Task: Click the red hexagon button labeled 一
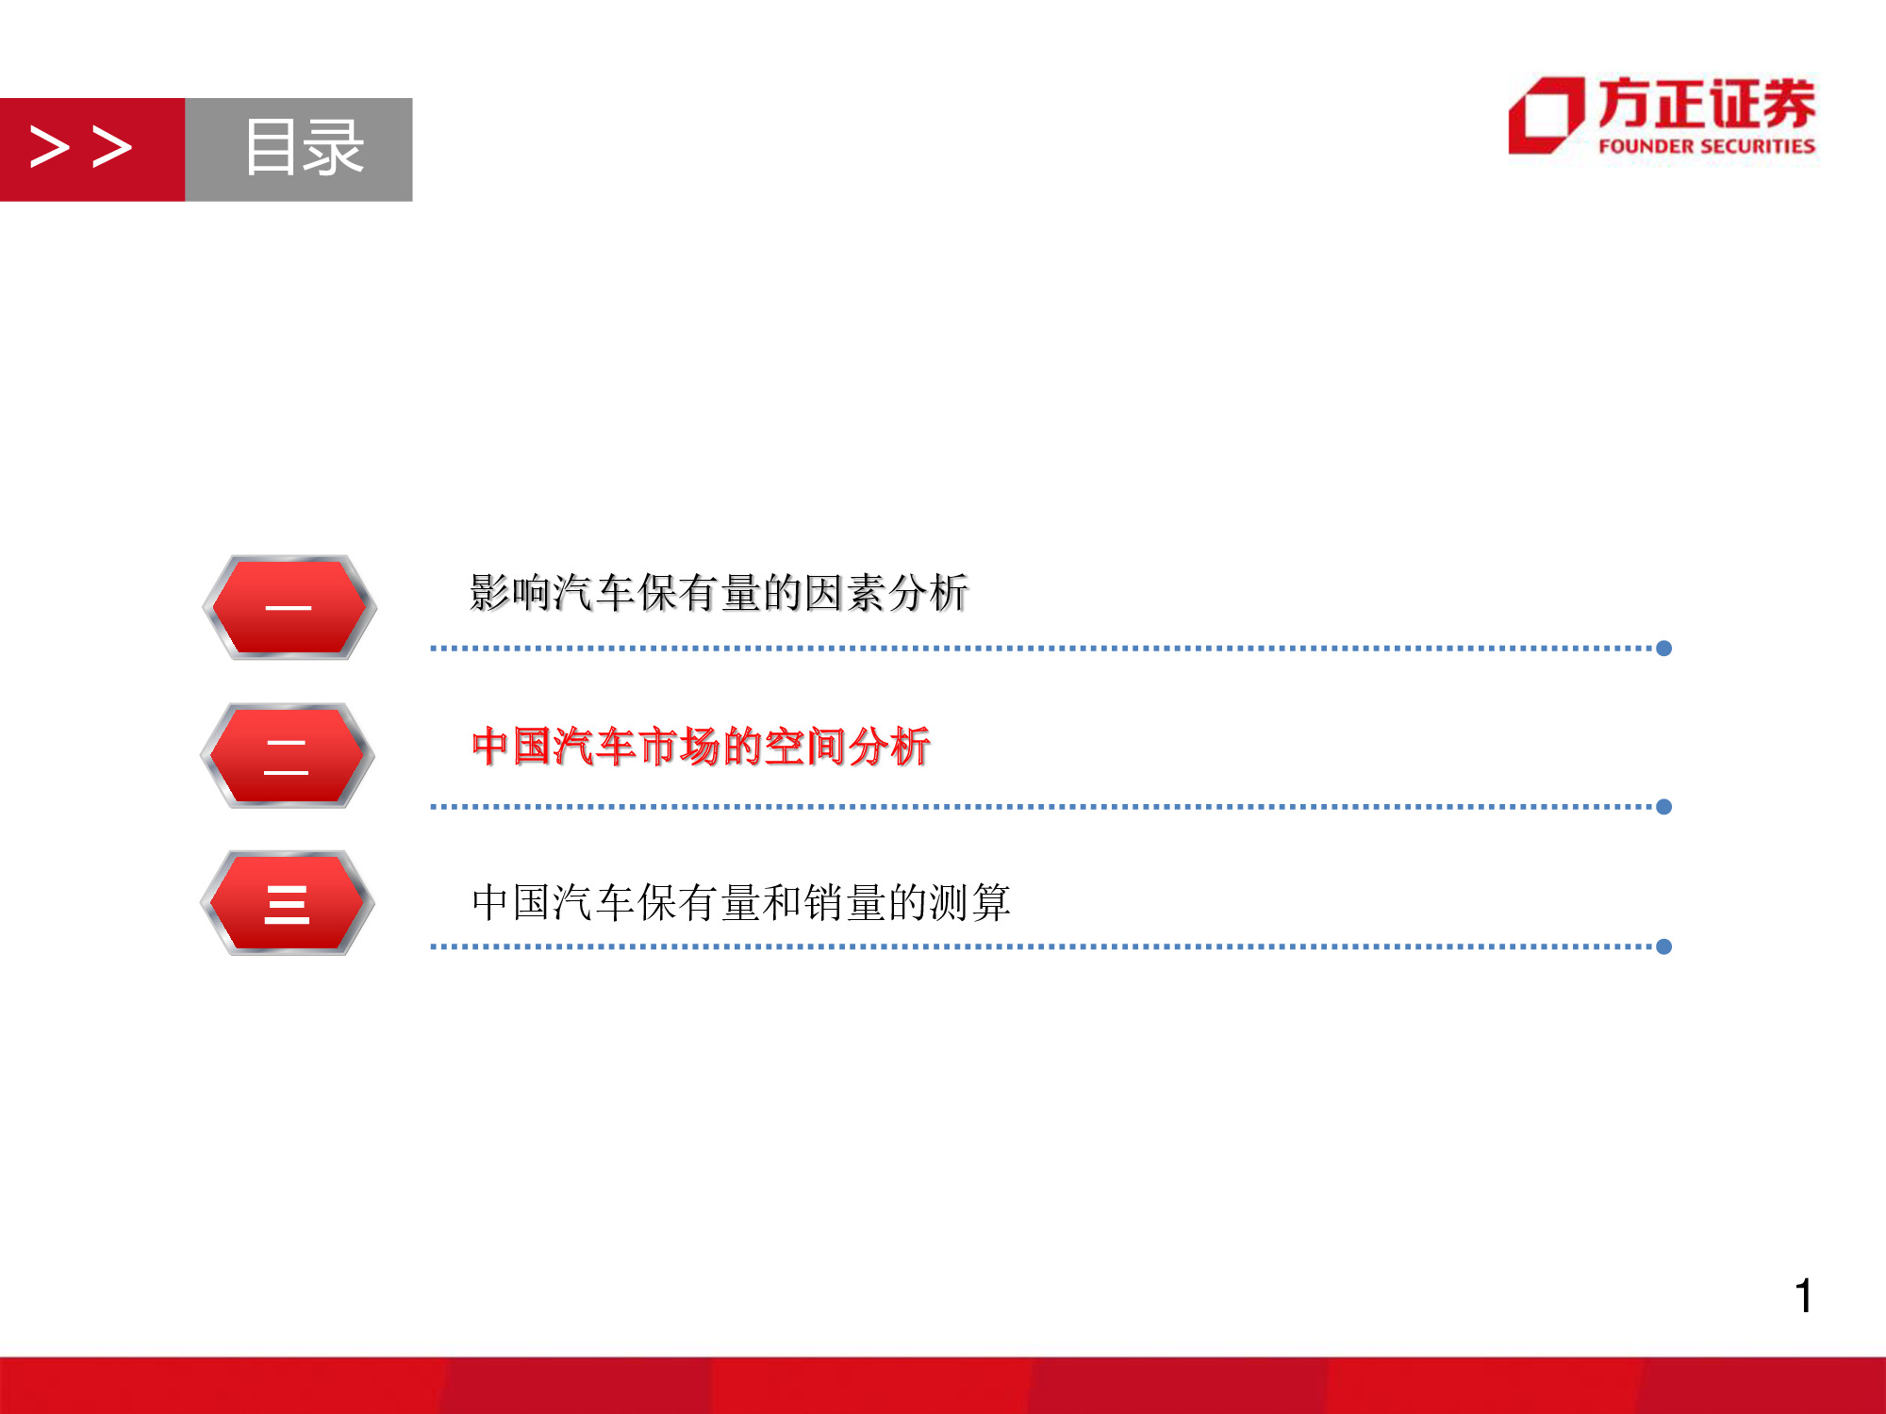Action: pyautogui.click(x=289, y=607)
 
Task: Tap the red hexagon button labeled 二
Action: pyautogui.click(x=287, y=755)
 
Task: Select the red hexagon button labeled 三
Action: pyautogui.click(x=287, y=903)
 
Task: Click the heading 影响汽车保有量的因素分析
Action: pyautogui.click(x=719, y=593)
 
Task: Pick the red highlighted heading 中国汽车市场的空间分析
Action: pyautogui.click(x=701, y=747)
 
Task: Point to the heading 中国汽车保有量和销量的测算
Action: pyautogui.click(x=740, y=902)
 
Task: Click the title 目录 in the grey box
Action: pyautogui.click(x=303, y=148)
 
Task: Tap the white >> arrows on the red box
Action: pyautogui.click(x=81, y=148)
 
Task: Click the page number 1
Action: pyautogui.click(x=1802, y=1296)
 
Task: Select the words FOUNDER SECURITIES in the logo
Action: pyautogui.click(x=1706, y=146)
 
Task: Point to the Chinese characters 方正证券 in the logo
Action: pyautogui.click(x=1706, y=103)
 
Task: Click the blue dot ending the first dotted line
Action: pyautogui.click(x=1664, y=649)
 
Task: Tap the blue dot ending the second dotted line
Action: pyautogui.click(x=1664, y=807)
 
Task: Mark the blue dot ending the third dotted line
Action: pyautogui.click(x=1664, y=946)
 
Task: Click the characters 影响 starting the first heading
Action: pyautogui.click(x=510, y=593)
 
